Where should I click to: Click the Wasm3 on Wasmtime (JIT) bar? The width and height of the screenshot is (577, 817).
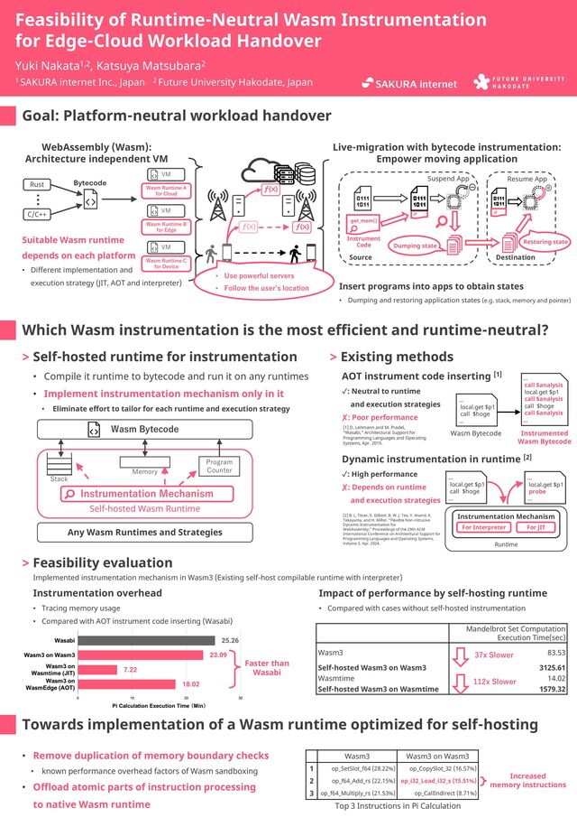point(97,669)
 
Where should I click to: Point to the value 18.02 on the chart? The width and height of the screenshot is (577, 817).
point(191,684)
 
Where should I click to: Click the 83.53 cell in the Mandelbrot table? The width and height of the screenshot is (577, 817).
point(555,652)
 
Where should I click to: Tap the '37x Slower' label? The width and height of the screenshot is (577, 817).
point(493,655)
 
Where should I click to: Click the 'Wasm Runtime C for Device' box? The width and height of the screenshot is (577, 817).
point(166,262)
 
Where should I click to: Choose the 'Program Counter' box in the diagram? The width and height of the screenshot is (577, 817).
point(219,466)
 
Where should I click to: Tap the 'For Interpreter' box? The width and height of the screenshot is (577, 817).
point(484,527)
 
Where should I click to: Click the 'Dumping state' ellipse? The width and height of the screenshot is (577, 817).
point(417,246)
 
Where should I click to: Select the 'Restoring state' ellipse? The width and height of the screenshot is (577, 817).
point(545,242)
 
